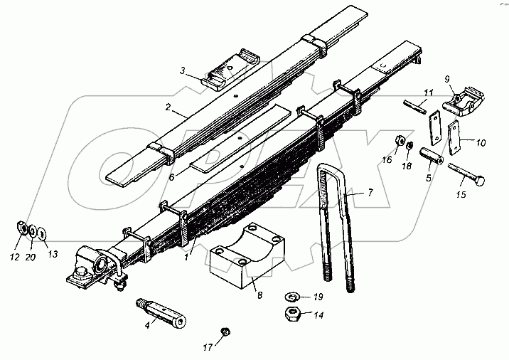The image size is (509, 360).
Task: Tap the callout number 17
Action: point(206,347)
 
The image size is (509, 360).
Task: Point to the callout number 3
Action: point(183,70)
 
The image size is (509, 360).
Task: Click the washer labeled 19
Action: point(292,296)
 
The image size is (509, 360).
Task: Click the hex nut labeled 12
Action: point(21,229)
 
